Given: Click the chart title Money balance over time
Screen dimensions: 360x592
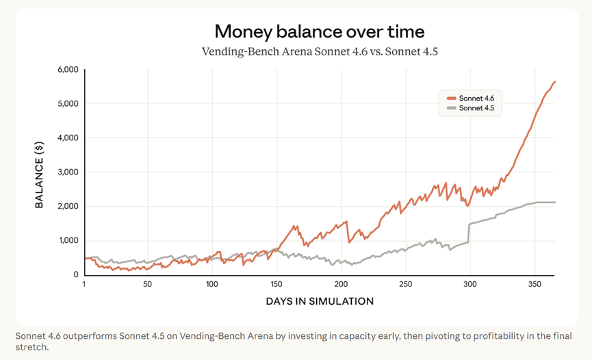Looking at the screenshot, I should point(320,31).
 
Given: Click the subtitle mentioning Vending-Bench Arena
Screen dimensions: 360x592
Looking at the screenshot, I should point(320,51).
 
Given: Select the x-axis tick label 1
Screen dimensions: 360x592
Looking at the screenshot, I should point(84,283).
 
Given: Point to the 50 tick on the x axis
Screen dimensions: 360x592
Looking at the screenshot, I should point(147,283).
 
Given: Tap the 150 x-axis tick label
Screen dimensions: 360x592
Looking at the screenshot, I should point(276,283).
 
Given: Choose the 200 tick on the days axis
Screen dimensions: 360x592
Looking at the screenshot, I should point(340,283).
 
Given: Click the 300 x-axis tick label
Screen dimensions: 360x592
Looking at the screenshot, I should point(469,283).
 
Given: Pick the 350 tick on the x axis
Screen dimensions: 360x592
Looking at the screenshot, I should point(533,283).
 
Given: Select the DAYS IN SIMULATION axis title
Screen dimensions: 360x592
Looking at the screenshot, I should point(320,301).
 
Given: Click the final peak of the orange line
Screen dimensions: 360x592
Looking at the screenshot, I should point(555,82).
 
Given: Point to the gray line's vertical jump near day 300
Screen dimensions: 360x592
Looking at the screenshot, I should point(468,233).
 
